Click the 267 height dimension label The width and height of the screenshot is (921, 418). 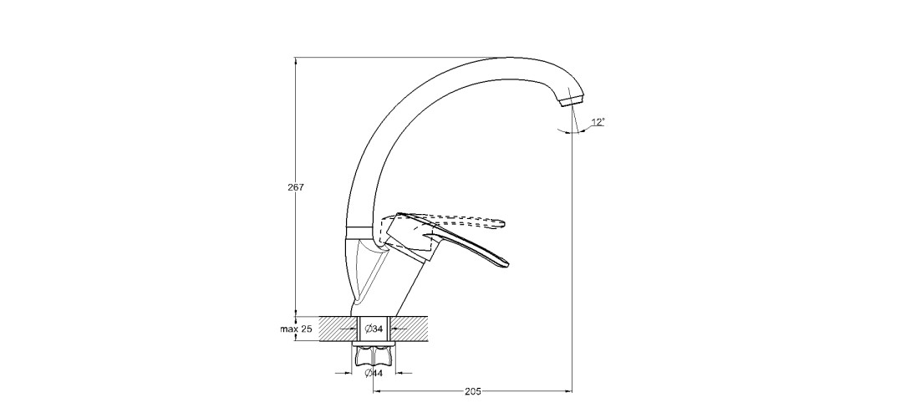click(x=295, y=187)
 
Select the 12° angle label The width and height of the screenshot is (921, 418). click(x=598, y=122)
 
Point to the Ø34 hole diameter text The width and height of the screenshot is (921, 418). click(x=374, y=329)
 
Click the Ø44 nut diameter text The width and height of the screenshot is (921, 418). click(x=374, y=373)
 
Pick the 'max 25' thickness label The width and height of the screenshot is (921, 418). click(x=296, y=329)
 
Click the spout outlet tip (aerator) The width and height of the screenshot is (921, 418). click(x=569, y=103)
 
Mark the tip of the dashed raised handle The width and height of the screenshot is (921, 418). click(x=503, y=222)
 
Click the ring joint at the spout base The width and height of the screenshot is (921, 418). click(x=360, y=230)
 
